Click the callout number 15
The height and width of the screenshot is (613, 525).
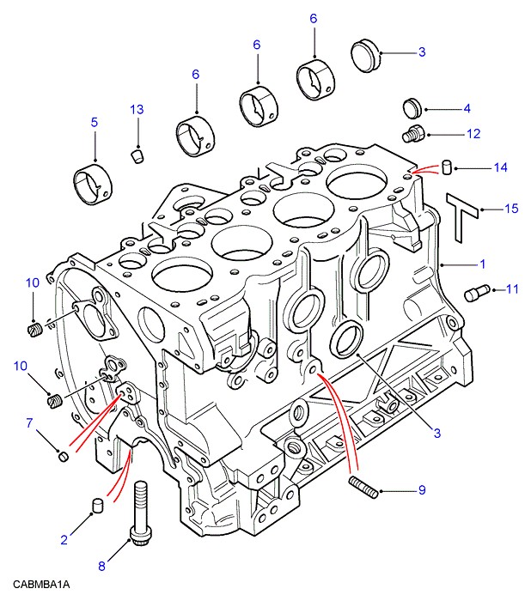tap(511, 209)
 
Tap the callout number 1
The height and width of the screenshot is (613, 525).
tap(483, 264)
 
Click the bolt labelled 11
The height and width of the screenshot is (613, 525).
tap(478, 293)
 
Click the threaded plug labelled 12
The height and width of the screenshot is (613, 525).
tap(414, 134)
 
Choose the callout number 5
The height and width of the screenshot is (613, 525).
tap(95, 123)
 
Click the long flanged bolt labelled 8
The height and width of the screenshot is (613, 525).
tap(140, 515)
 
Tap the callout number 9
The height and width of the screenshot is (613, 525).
tap(422, 490)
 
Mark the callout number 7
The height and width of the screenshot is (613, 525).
tap(28, 422)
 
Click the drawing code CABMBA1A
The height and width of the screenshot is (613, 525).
tap(41, 585)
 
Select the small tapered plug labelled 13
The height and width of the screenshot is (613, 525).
tap(136, 155)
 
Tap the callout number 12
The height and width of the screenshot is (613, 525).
tap(473, 134)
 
